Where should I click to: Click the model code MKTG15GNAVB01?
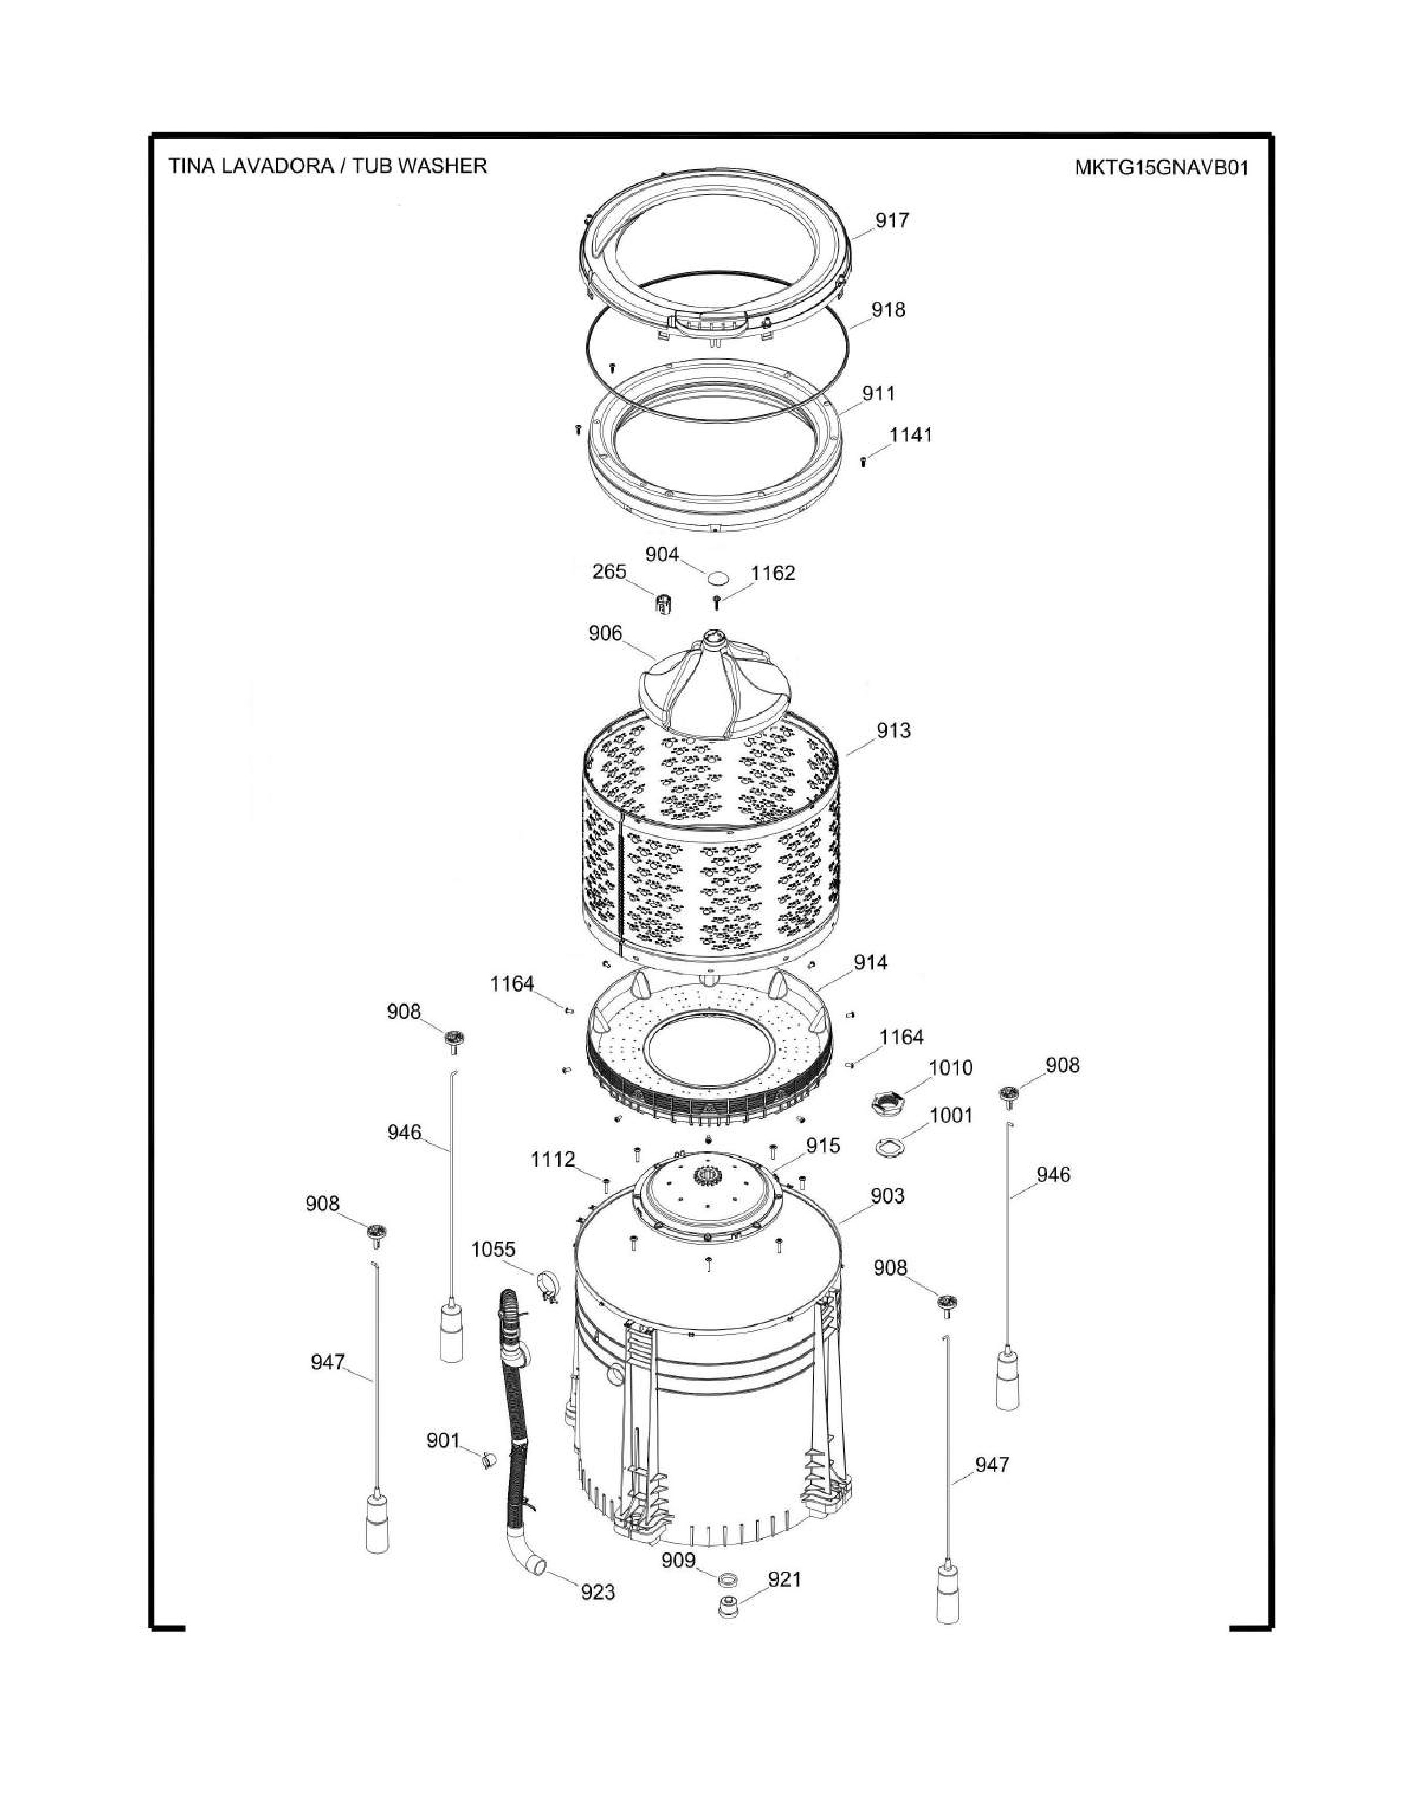click(x=1162, y=168)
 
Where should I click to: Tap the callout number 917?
click(x=892, y=220)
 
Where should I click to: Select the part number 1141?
click(x=910, y=434)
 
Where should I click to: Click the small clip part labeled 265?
click(x=662, y=604)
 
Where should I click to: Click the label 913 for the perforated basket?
click(x=893, y=730)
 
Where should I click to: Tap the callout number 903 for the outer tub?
click(x=887, y=1195)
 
